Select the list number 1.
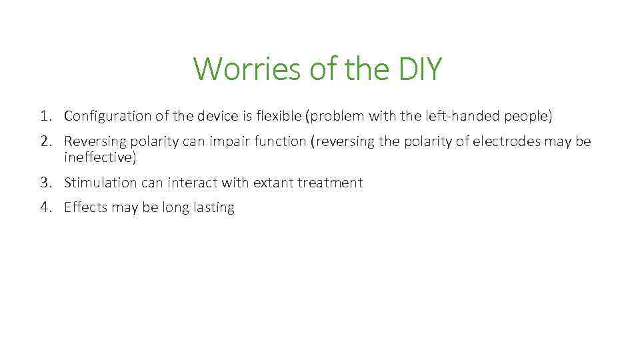click(45, 116)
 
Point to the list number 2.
click(45, 142)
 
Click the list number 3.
click(45, 183)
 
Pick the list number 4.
click(45, 207)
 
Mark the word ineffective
click(100, 157)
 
